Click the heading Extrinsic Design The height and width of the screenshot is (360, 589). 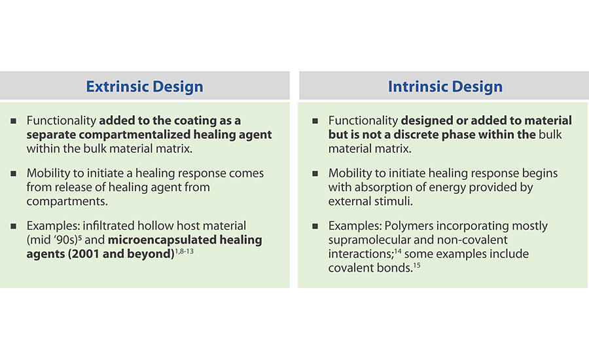point(145,86)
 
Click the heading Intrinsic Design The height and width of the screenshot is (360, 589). point(445,86)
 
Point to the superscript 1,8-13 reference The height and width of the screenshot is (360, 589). point(184,251)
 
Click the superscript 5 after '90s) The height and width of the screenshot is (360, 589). point(80,237)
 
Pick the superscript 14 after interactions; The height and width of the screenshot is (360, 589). point(397,251)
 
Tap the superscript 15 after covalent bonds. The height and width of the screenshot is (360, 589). point(417,265)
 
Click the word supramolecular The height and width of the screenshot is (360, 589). point(370,240)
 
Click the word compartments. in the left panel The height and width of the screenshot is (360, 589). point(67,202)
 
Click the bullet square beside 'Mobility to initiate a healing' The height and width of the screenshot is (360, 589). point(14,173)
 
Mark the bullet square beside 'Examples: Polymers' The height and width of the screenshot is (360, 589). point(315,226)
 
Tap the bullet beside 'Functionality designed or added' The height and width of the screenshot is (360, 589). point(315,120)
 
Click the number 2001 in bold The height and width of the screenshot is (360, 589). point(84,254)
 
